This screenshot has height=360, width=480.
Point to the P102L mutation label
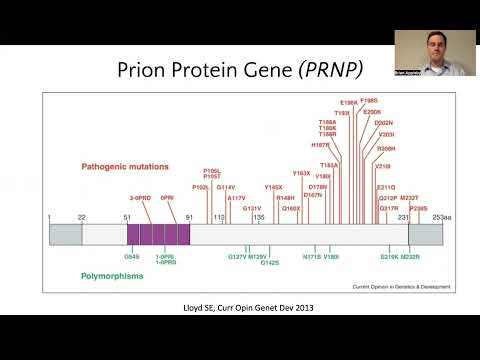pyautogui.click(x=201, y=187)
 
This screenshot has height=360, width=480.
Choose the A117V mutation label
pyautogui.click(x=236, y=198)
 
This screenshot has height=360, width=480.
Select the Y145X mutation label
pyautogui.click(x=274, y=187)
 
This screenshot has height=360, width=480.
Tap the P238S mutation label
pyautogui.click(x=418, y=209)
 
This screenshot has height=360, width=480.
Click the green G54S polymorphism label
pyautogui.click(x=132, y=256)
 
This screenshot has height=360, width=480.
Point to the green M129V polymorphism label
pyautogui.click(x=258, y=257)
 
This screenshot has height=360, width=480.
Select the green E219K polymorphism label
pyautogui.click(x=390, y=257)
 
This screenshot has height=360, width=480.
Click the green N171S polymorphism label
pyautogui.click(x=311, y=257)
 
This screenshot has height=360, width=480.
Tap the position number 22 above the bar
pyautogui.click(x=82, y=217)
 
